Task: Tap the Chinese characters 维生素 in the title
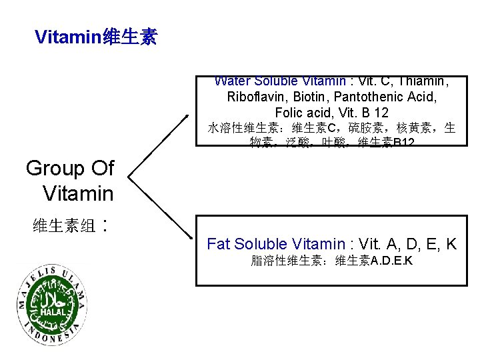(130, 37)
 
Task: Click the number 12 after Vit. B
(381, 113)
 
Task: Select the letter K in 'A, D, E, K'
(451, 244)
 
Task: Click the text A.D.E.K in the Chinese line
(391, 261)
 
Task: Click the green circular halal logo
(51, 304)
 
